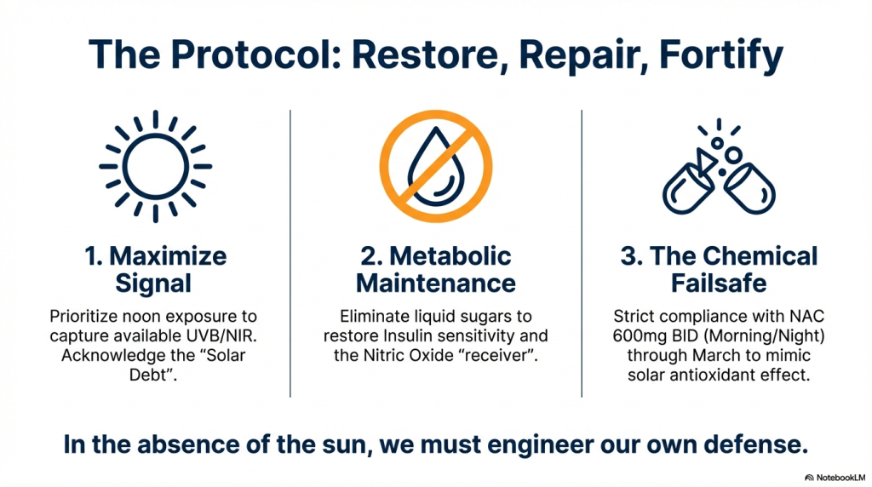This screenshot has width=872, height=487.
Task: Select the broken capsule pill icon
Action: [x=719, y=167]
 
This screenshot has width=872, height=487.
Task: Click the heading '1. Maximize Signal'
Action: [x=155, y=270]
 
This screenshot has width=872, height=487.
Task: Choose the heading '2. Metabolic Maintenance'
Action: [x=435, y=270]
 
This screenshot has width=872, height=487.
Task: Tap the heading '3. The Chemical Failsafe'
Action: [x=719, y=270]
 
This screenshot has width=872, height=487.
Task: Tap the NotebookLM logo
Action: [x=835, y=478]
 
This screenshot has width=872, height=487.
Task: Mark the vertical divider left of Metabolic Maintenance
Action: [x=290, y=254]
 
